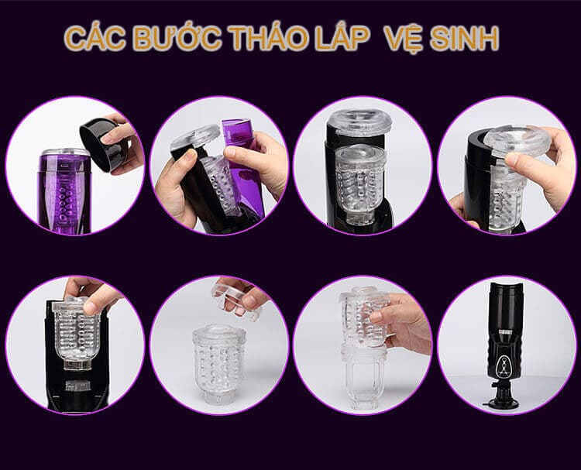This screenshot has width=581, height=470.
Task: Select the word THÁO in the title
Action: (x=267, y=38)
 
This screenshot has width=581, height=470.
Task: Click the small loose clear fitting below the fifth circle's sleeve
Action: (x=77, y=385)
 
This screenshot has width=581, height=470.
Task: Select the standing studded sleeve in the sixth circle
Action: (x=218, y=364)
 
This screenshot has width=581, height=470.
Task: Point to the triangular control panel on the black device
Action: (x=503, y=365)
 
